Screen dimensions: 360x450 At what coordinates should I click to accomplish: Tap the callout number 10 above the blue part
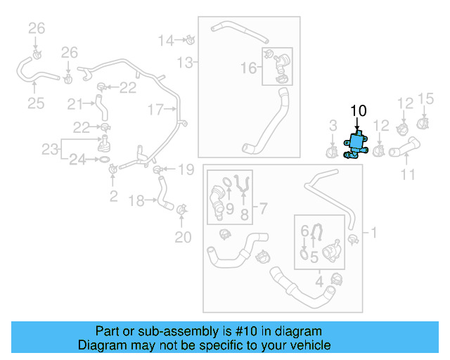tap(358, 110)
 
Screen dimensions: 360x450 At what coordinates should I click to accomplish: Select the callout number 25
tap(36, 103)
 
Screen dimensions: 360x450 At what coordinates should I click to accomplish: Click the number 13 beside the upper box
tap(184, 63)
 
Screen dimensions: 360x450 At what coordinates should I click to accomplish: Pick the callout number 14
tap(165, 40)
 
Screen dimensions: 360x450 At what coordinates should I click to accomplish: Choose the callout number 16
tap(249, 68)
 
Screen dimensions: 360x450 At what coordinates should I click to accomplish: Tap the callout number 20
tap(183, 238)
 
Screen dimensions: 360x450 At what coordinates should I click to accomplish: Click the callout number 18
tap(137, 201)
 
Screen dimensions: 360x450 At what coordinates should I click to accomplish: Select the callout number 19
tap(185, 169)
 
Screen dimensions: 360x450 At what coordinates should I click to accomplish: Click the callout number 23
tap(50, 149)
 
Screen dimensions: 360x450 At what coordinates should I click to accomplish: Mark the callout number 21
tap(75, 104)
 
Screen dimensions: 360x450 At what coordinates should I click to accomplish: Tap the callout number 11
tap(409, 174)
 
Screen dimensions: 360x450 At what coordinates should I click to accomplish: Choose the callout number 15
tap(426, 98)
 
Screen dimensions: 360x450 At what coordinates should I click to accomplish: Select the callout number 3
tap(333, 126)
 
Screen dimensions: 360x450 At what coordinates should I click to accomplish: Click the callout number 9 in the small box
tap(229, 208)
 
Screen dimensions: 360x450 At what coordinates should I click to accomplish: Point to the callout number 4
tap(319, 283)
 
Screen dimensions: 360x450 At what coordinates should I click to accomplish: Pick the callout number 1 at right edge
tap(374, 232)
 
